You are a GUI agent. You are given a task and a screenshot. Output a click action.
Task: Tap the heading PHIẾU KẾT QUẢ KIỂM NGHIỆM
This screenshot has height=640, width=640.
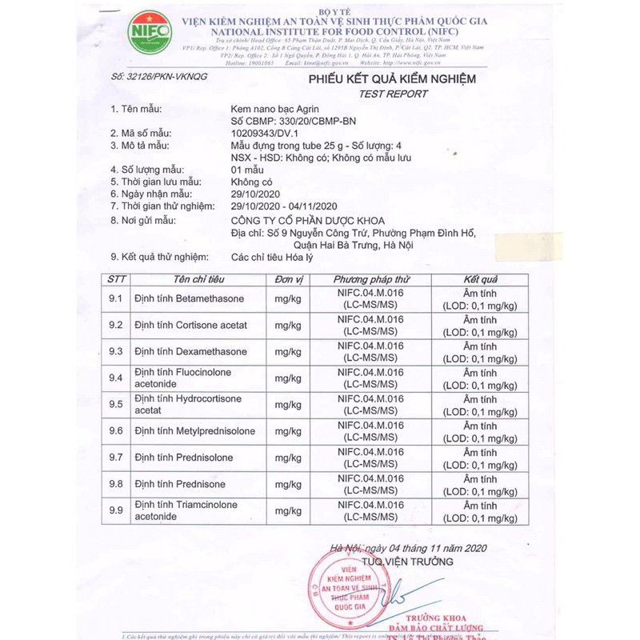click(392, 79)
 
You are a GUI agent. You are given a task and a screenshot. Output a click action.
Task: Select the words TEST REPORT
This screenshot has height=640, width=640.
click(393, 94)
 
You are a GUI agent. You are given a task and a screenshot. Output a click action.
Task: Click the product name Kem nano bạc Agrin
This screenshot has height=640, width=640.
click(273, 108)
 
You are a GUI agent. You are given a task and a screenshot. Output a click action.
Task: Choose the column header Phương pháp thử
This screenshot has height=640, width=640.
click(371, 279)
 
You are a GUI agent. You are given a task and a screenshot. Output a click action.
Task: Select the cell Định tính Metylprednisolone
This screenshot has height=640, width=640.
click(194, 431)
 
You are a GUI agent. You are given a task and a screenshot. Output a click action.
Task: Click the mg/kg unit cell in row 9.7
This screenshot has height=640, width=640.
click(288, 458)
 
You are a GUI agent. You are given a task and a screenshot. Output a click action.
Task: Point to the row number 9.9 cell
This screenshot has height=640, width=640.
click(116, 510)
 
